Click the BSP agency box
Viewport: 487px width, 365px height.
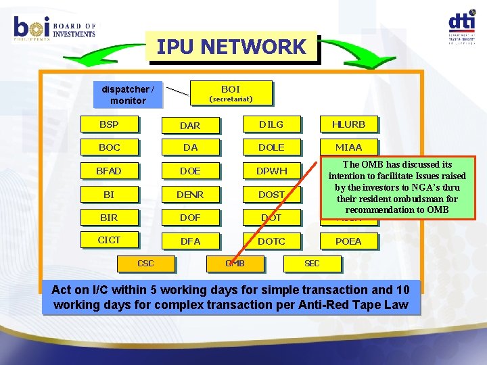pyautogui.click(x=108, y=124)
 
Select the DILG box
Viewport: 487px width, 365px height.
pyautogui.click(x=271, y=124)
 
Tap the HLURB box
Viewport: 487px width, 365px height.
pyautogui.click(x=348, y=124)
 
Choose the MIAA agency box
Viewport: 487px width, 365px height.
pyautogui.click(x=348, y=147)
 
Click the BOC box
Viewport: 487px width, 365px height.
pyautogui.click(x=108, y=147)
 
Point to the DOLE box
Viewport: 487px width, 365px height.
pyautogui.click(x=271, y=147)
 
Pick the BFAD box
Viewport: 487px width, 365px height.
pyautogui.click(x=108, y=171)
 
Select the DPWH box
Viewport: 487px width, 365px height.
pyautogui.click(x=271, y=171)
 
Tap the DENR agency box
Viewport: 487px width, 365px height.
pyautogui.click(x=190, y=195)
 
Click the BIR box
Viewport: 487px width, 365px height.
pyautogui.click(x=108, y=217)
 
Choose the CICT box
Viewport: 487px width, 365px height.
pyautogui.click(x=108, y=240)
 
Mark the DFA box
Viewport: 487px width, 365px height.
pyautogui.click(x=190, y=241)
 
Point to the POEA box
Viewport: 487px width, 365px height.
pyautogui.click(x=348, y=241)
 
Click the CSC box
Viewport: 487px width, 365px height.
pyautogui.click(x=145, y=264)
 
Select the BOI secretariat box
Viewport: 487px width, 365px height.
pyautogui.click(x=230, y=93)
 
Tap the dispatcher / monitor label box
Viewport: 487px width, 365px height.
pyautogui.click(x=128, y=95)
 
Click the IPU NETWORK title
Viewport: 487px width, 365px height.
pyautogui.click(x=231, y=47)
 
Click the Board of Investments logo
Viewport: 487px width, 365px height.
pyautogui.click(x=54, y=28)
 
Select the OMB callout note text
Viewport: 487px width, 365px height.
pyautogui.click(x=398, y=187)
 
